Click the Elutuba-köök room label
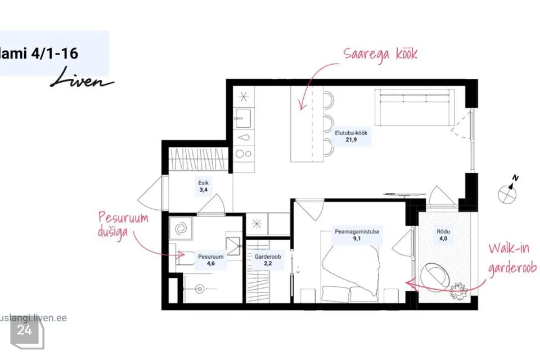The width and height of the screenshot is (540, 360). click(351, 136)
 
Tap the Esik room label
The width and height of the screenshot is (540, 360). click(203, 186)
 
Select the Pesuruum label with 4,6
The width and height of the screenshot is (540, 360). click(211, 260)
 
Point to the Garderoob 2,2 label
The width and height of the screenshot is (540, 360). click(268, 260)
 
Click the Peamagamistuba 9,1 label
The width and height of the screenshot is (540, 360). click(357, 235)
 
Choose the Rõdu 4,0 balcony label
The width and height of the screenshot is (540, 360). click(443, 235)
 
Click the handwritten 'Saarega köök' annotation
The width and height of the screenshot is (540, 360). click(380, 55)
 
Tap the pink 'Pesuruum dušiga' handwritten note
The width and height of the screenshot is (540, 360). click(123, 224)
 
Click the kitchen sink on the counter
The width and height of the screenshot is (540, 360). click(244, 118)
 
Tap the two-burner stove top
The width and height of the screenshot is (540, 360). click(244, 154)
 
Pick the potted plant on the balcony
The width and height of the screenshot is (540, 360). click(458, 290)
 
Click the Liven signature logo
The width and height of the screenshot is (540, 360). click(82, 79)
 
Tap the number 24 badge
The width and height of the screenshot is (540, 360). click(24, 330)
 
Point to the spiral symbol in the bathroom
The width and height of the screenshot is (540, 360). click(181, 228)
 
